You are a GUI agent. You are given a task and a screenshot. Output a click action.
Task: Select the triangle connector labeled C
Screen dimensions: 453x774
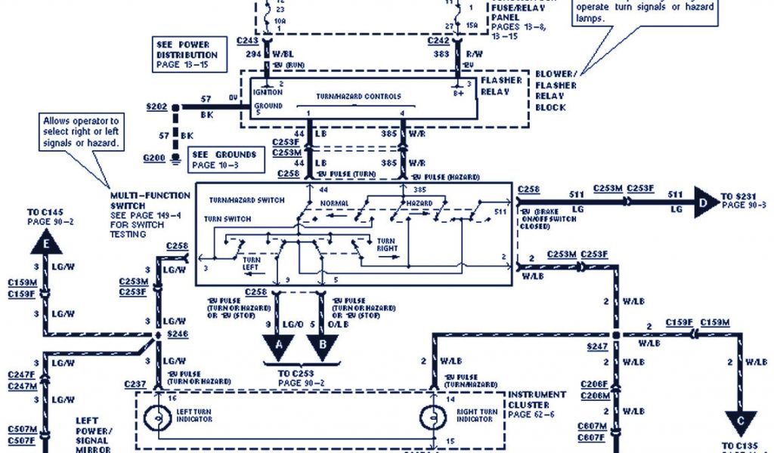[741, 421]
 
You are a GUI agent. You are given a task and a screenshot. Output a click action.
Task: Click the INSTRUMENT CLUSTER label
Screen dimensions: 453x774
[537, 399]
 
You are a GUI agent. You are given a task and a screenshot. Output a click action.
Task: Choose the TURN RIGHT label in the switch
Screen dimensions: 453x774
[387, 245]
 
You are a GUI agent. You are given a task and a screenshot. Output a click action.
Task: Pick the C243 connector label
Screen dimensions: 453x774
[249, 40]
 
